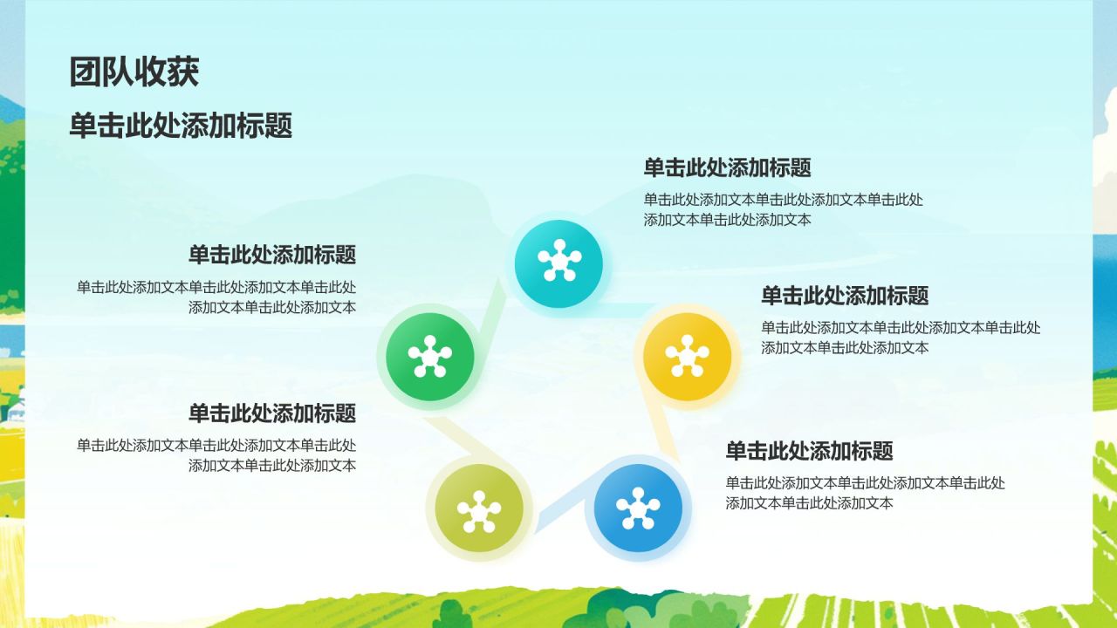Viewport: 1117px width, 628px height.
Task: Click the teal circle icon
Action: click(558, 263)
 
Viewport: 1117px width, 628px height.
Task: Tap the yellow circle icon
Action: click(687, 357)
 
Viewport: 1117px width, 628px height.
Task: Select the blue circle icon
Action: click(638, 508)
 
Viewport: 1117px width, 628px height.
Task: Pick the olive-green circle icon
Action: click(478, 509)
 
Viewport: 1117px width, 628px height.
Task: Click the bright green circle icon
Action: click(429, 357)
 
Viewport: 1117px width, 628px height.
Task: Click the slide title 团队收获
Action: click(134, 72)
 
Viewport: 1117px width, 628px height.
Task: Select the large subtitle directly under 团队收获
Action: click(181, 126)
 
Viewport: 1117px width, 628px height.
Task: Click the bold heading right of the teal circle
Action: click(727, 167)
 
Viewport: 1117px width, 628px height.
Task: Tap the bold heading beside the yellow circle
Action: click(844, 296)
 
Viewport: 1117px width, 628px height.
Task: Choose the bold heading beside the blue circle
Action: click(809, 451)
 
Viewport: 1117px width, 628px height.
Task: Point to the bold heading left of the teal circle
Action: click(272, 256)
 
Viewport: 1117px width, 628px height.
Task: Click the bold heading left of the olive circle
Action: click(272, 413)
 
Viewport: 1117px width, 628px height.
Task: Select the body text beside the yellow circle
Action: click(900, 338)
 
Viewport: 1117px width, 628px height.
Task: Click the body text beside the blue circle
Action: click(865, 493)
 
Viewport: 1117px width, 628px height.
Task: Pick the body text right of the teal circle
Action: click(783, 209)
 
